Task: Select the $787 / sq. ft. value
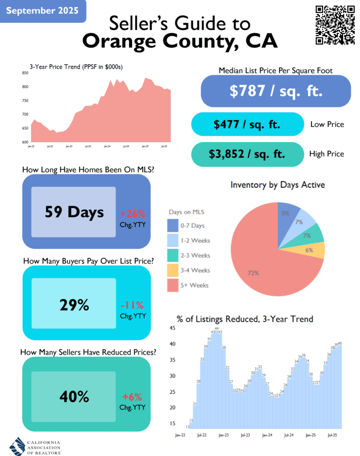tap(276, 91)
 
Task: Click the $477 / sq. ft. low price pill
tap(247, 124)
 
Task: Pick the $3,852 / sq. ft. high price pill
tap(247, 154)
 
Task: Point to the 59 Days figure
tap(74, 212)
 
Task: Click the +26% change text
tap(133, 214)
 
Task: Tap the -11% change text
tap(133, 305)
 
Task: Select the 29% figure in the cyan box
tap(74, 305)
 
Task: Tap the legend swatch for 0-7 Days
tap(172, 225)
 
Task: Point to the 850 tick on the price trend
tap(25, 73)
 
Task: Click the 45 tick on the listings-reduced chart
tap(173, 328)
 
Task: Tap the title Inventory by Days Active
tap(278, 184)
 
